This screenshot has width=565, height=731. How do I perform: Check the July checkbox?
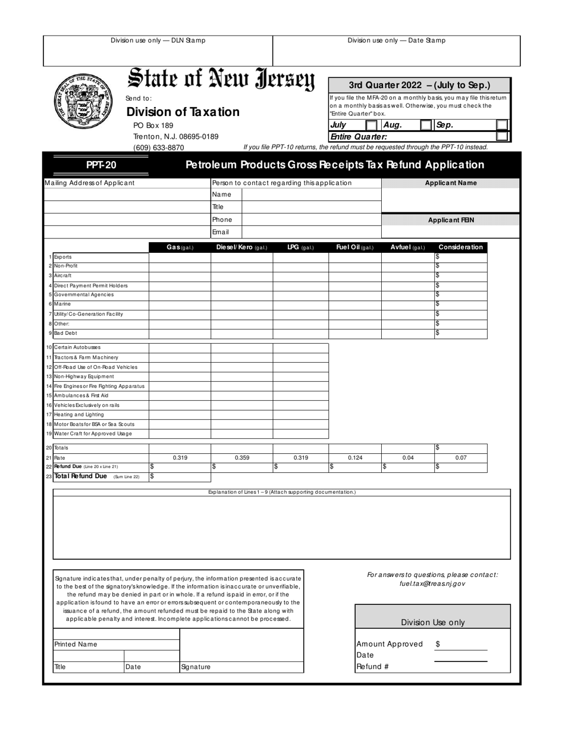[371, 126]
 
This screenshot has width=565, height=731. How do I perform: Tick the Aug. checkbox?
[426, 126]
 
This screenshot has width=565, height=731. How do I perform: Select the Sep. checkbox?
[502, 126]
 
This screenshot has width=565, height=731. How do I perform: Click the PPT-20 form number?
[101, 165]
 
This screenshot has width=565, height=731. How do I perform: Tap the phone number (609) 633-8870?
[158, 148]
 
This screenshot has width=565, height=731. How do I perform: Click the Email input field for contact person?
[311, 233]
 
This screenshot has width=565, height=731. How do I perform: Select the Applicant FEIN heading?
[451, 220]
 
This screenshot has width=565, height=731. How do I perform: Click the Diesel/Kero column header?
[241, 247]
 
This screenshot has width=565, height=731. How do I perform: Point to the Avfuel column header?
[407, 247]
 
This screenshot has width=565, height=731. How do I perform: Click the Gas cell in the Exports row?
[180, 257]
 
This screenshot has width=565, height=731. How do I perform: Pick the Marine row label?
[62, 305]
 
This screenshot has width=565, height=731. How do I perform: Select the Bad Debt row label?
[65, 334]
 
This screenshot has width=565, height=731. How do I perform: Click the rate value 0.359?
[241, 458]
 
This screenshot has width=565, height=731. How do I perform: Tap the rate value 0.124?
[354, 458]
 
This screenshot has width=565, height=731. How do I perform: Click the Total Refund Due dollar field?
[180, 476]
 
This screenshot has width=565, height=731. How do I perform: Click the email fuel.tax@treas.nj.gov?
[432, 584]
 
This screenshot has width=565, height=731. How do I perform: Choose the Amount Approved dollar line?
[461, 644]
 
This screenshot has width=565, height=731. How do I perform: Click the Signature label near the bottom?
[196, 667]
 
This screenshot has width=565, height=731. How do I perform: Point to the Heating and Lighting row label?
[79, 415]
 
